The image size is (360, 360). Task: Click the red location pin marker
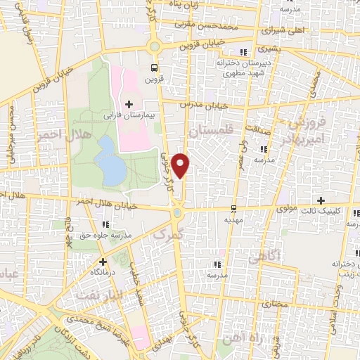(x=181, y=165)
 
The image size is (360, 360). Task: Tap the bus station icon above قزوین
(x=153, y=68)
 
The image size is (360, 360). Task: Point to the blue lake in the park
(x=109, y=160)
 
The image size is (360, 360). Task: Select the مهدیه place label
(x=233, y=219)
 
